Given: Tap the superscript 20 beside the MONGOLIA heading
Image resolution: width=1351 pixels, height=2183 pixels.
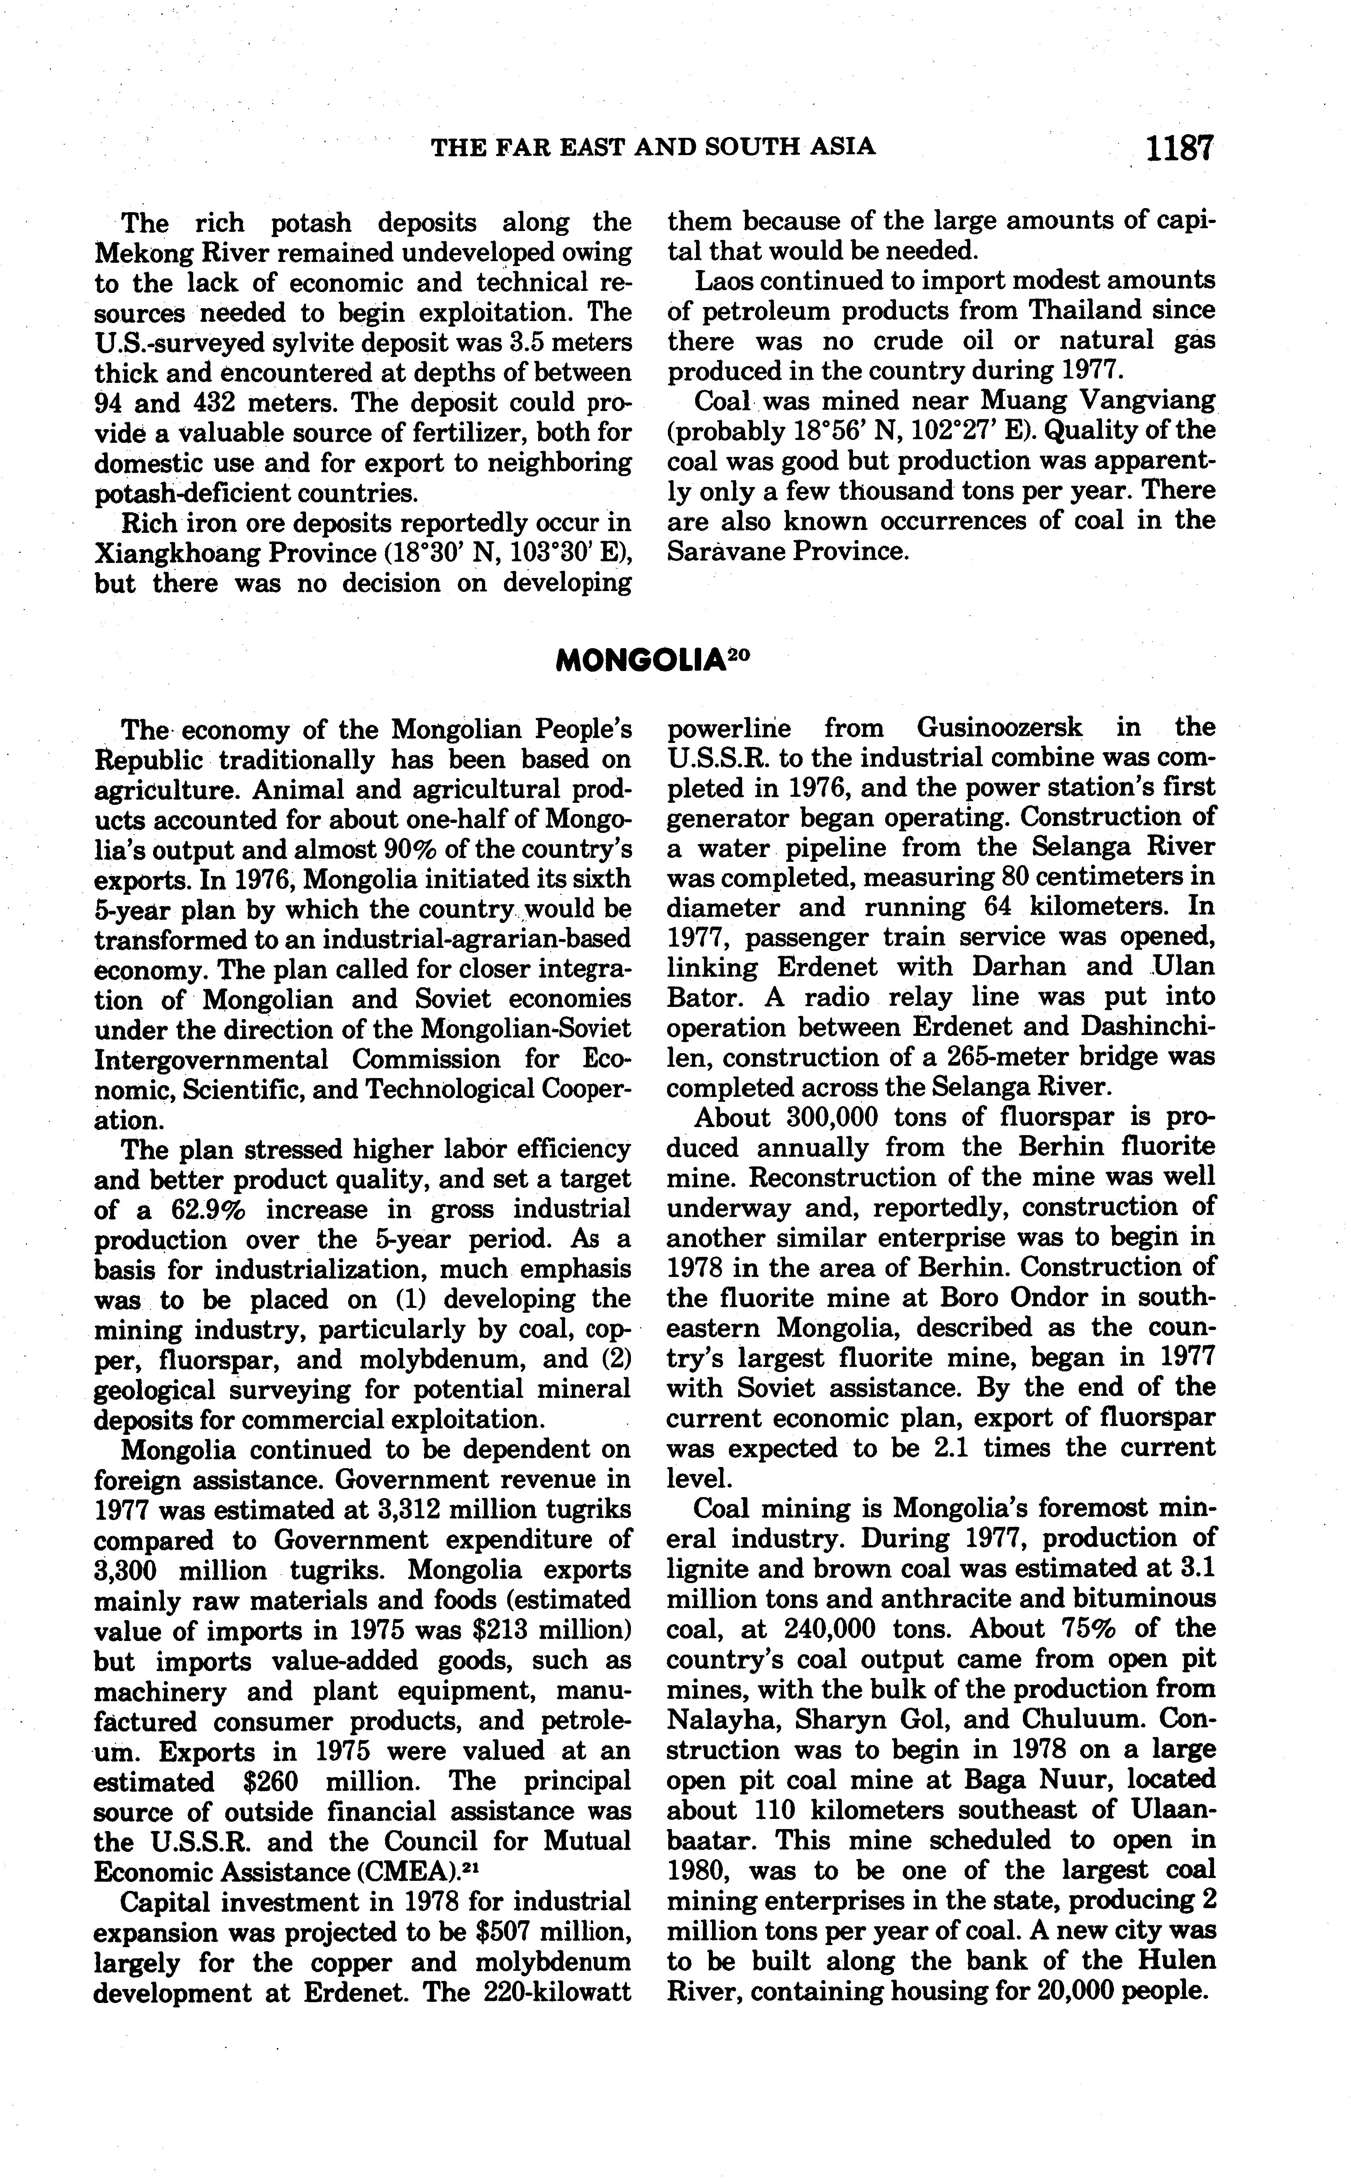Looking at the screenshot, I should pos(737,653).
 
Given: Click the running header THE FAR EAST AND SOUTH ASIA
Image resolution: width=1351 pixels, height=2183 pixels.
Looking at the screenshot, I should pos(653,147).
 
